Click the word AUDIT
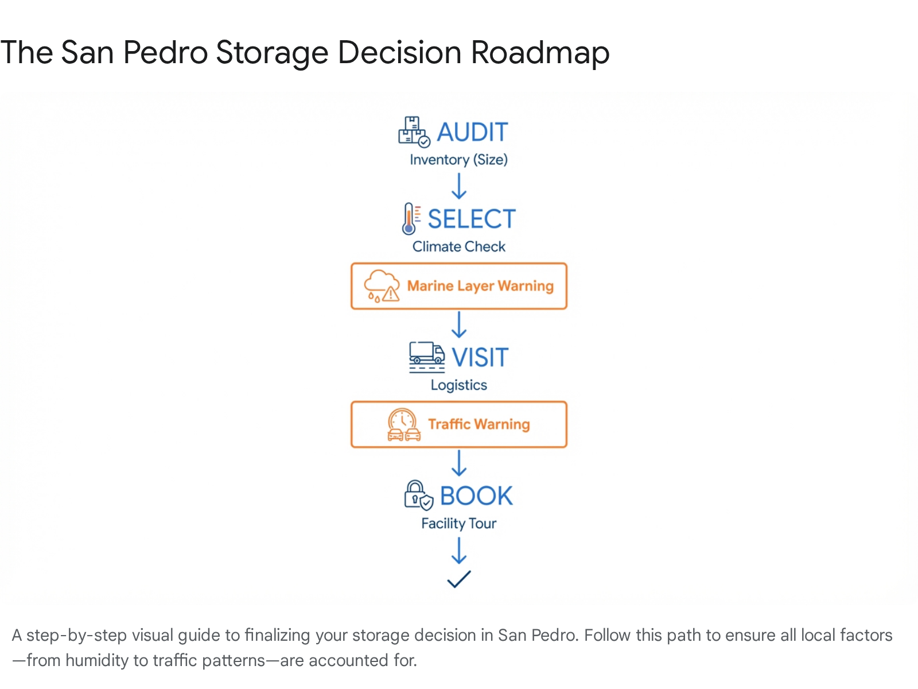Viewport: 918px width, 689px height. click(472, 132)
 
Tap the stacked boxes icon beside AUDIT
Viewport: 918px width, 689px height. click(414, 132)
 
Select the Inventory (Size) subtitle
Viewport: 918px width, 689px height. click(459, 160)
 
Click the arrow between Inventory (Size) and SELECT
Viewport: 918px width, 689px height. click(459, 186)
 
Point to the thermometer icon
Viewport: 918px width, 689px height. click(411, 219)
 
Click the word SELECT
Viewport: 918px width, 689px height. click(472, 219)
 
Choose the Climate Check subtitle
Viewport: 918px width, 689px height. click(459, 247)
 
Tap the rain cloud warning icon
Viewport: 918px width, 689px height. click(382, 286)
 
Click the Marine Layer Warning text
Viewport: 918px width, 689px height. click(480, 286)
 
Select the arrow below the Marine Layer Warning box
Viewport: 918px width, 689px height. click(459, 324)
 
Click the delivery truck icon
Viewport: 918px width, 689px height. click(427, 357)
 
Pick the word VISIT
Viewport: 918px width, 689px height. click(480, 358)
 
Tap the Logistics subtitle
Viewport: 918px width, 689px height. click(459, 385)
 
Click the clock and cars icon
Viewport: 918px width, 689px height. click(403, 425)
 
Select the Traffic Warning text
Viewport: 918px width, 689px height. click(479, 424)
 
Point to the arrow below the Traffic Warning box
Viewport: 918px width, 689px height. click(459, 463)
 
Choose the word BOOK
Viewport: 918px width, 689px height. click(476, 496)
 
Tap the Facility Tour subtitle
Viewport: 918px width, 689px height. click(459, 524)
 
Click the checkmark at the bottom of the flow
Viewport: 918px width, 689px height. click(459, 579)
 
